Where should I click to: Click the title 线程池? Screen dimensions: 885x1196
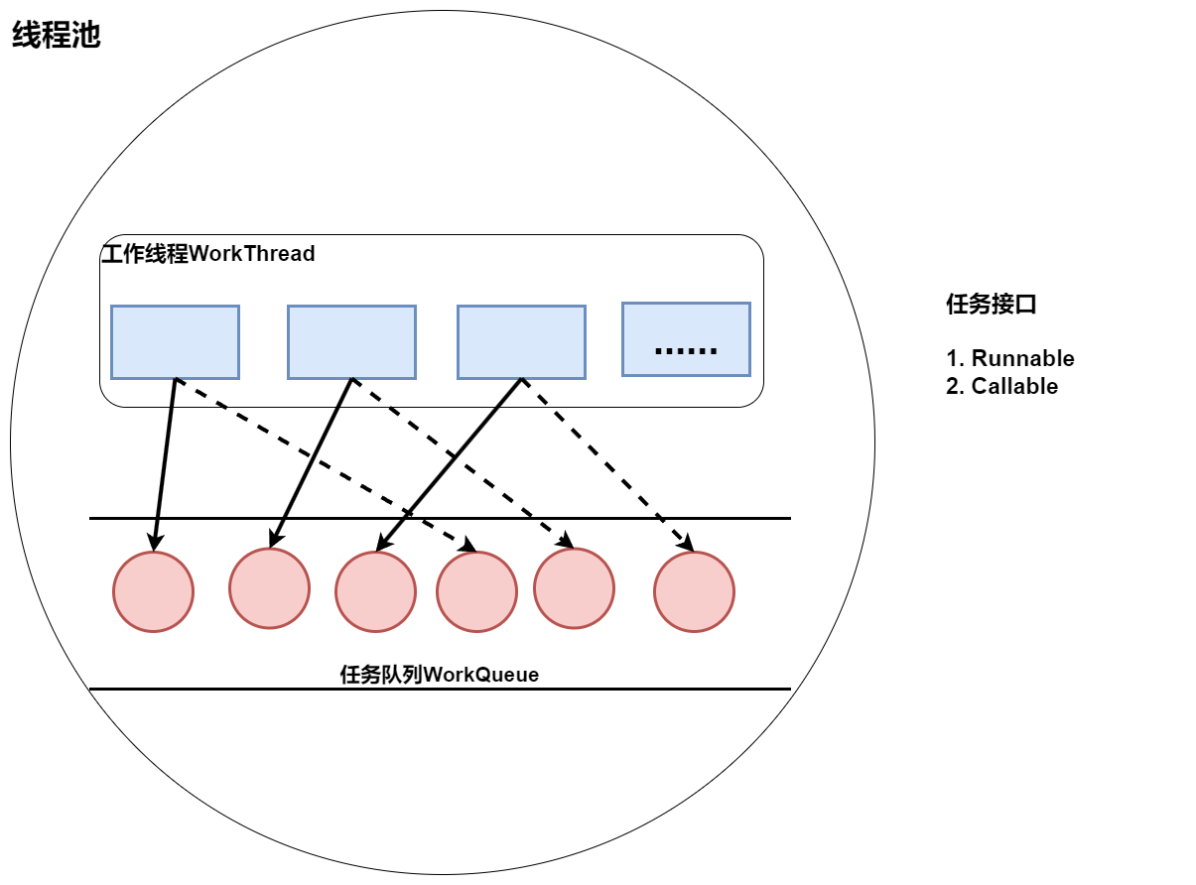[56, 37]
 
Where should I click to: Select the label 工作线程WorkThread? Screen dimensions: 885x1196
[208, 254]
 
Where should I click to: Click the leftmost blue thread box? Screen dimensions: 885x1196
[175, 341]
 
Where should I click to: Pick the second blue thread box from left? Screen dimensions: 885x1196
[351, 341]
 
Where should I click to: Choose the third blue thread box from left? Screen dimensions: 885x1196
[521, 341]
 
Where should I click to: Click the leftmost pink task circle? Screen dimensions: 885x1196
[153, 591]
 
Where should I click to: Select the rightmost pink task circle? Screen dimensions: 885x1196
[694, 591]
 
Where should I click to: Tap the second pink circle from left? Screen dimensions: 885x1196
[269, 588]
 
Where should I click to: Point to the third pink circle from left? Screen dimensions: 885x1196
[375, 591]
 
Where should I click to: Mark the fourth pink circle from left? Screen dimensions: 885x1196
[476, 591]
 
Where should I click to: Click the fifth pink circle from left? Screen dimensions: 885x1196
[574, 588]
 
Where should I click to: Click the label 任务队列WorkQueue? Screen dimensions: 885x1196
[439, 675]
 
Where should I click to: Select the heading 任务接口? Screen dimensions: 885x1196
[992, 305]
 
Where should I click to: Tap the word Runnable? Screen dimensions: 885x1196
[1022, 358]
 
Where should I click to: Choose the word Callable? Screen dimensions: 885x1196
[1014, 386]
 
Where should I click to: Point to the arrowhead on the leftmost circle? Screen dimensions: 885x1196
[154, 543]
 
